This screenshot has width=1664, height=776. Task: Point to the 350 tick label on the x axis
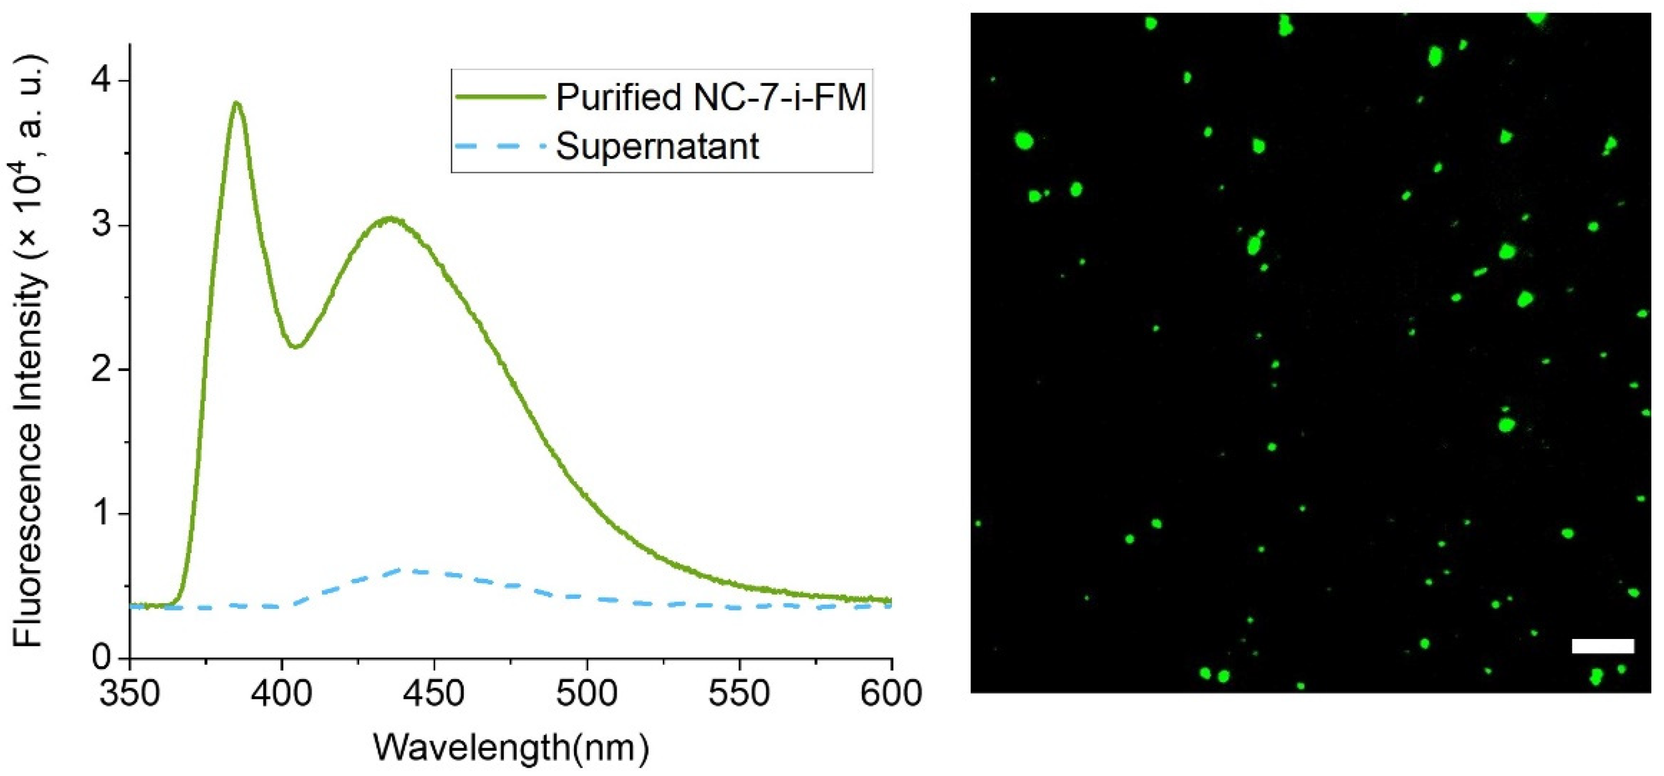coord(130,693)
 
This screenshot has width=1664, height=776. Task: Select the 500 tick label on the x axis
coord(587,693)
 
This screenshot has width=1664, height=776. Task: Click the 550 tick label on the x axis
coord(739,693)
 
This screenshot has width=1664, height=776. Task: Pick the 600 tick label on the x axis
coord(891,693)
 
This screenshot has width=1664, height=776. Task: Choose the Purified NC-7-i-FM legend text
coord(711,98)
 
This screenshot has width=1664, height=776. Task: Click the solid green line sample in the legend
coord(501,97)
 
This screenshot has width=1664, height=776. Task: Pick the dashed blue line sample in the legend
coord(501,146)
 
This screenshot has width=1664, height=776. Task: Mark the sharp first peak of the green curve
coord(237,103)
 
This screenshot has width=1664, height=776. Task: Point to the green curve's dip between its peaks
coord(296,346)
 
